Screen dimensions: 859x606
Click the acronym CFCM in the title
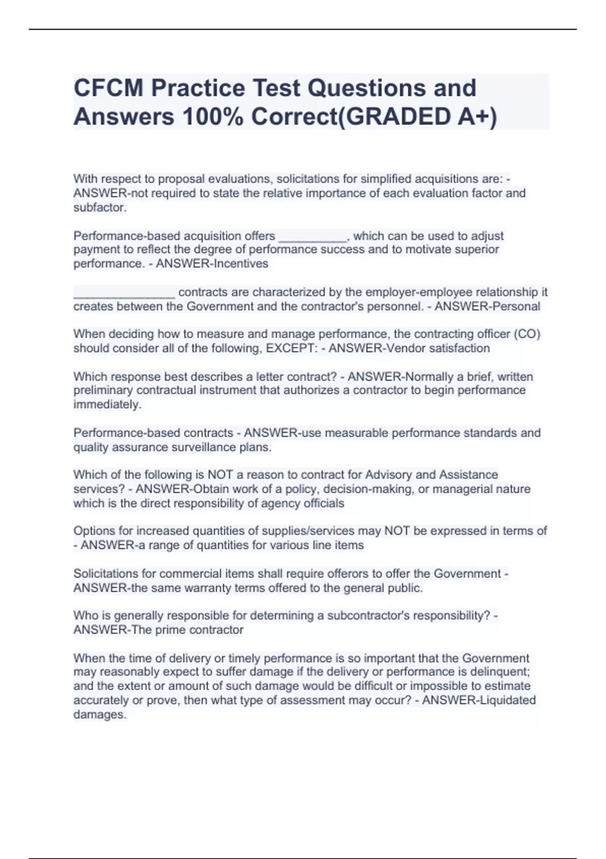coord(108,88)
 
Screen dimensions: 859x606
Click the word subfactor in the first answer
coord(99,207)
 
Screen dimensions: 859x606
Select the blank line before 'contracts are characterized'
coord(124,293)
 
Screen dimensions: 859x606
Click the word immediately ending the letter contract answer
coord(107,404)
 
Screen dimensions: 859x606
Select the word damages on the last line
coord(99,714)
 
